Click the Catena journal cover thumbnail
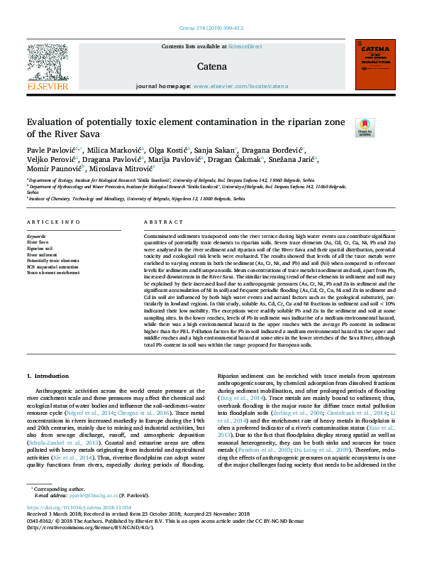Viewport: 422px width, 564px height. coord(374,65)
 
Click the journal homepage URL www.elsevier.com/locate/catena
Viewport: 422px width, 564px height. coord(231,86)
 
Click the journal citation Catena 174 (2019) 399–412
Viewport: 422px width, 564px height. coord(211,30)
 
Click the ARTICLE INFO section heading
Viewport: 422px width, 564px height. coord(53,222)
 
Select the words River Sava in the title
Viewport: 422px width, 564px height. coord(67,134)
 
